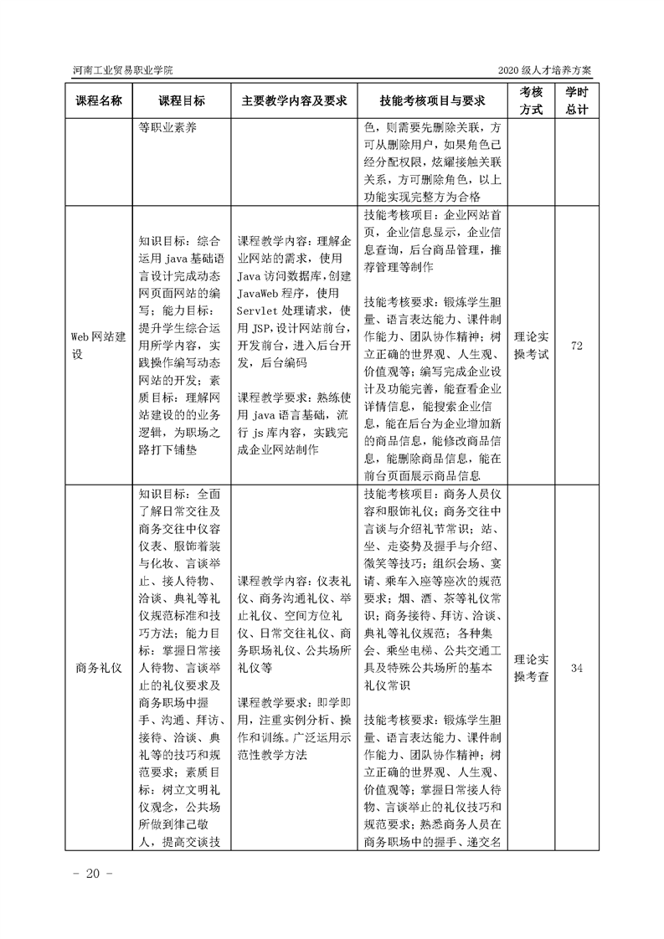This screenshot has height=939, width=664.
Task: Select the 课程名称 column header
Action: coord(99,100)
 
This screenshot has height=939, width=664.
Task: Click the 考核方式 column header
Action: coord(531,100)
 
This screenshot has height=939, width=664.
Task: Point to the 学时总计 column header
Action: coord(576,100)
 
